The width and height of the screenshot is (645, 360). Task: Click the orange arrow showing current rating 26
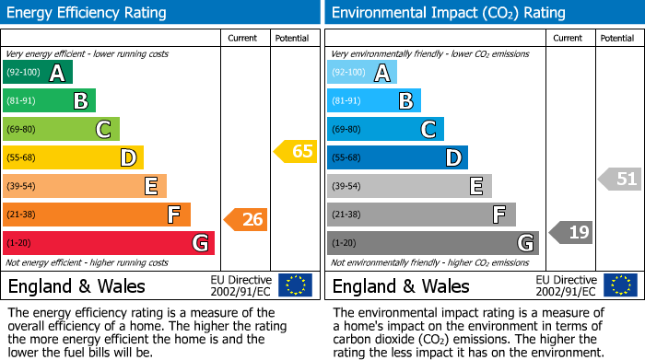(x=246, y=219)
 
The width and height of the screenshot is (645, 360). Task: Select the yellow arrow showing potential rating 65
(x=295, y=151)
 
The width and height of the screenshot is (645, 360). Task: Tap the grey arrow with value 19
(x=570, y=232)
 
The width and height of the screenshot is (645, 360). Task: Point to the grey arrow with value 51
(x=620, y=179)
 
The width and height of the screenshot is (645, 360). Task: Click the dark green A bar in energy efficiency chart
(x=37, y=73)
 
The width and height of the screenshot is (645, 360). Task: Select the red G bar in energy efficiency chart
(x=109, y=243)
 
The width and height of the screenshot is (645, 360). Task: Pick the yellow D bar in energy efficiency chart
(x=73, y=157)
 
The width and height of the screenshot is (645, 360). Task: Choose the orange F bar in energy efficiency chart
(x=97, y=215)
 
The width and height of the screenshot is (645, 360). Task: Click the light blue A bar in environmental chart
(x=362, y=73)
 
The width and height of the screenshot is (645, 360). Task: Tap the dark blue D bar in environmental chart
(x=397, y=157)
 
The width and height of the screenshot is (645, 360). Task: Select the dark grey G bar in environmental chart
(x=432, y=243)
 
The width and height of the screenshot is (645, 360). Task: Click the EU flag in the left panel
(x=295, y=285)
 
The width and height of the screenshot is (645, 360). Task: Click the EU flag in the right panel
(x=620, y=285)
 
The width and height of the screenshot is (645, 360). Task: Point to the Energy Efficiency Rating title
(x=88, y=13)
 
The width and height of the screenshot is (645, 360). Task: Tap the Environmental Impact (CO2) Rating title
(x=448, y=13)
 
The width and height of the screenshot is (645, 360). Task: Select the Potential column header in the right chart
(x=617, y=38)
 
